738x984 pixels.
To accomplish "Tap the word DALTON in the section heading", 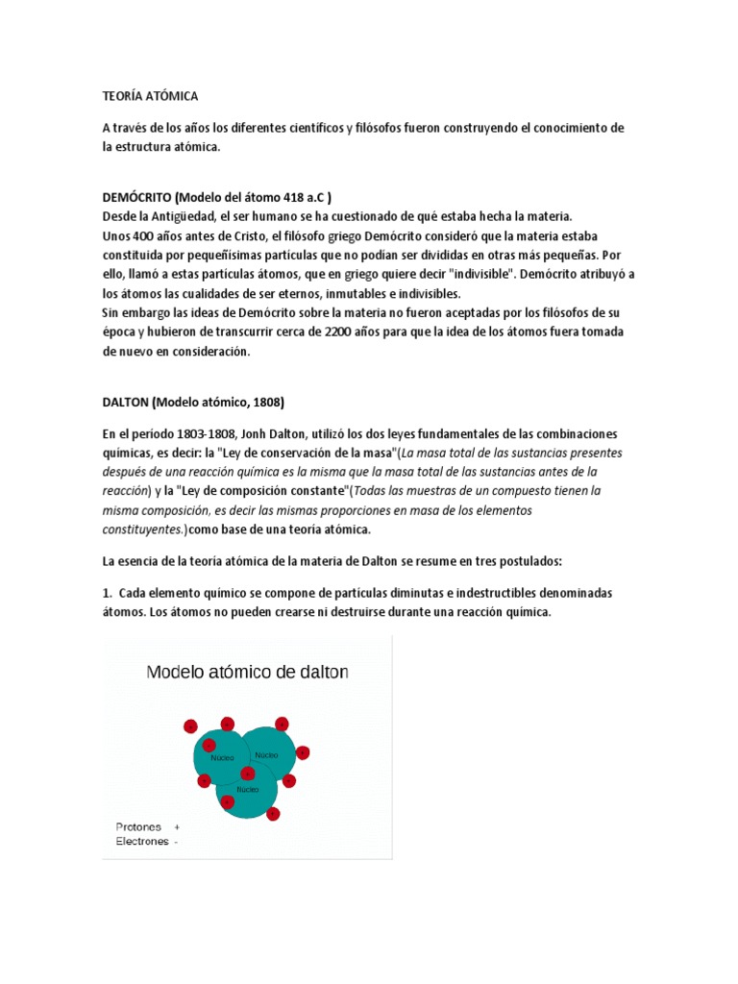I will click(x=124, y=401).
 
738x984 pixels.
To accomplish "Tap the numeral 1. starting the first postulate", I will click(x=108, y=593).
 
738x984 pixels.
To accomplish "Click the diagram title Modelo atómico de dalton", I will click(x=247, y=673).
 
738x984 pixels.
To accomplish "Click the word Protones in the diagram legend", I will click(x=138, y=826).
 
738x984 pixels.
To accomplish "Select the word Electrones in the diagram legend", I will click(x=142, y=841).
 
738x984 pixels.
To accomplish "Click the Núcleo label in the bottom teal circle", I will click(x=247, y=789).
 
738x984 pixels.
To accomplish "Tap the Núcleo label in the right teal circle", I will click(x=266, y=755).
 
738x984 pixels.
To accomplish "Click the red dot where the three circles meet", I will click(x=247, y=774).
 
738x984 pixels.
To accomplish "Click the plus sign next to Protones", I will click(x=177, y=826).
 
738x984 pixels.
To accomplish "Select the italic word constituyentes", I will click(x=143, y=529).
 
